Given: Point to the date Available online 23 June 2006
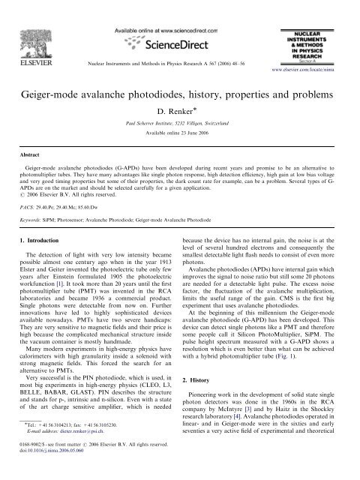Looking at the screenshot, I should coord(179,124).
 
